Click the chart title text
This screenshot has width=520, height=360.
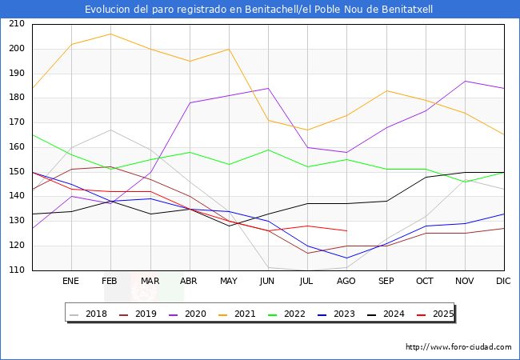pyautogui.click(x=260, y=10)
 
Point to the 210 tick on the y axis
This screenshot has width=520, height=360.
pyautogui.click(x=16, y=24)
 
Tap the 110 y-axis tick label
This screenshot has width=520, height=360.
pyautogui.click(x=16, y=270)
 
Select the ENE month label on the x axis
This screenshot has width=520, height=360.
pyautogui.click(x=71, y=281)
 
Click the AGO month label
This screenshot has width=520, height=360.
pyautogui.click(x=346, y=281)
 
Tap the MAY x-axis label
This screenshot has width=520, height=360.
pyautogui.click(x=229, y=281)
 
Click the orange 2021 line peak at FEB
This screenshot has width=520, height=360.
pyautogui.click(x=110, y=34)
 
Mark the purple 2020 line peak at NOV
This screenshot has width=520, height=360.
pyautogui.click(x=465, y=81)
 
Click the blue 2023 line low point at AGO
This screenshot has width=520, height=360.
pyautogui.click(x=346, y=258)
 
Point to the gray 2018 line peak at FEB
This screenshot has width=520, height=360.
pyautogui.click(x=110, y=130)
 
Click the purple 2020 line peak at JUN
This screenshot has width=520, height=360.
pyautogui.click(x=268, y=88)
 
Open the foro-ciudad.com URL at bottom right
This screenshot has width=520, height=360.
pyautogui.click(x=458, y=347)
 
